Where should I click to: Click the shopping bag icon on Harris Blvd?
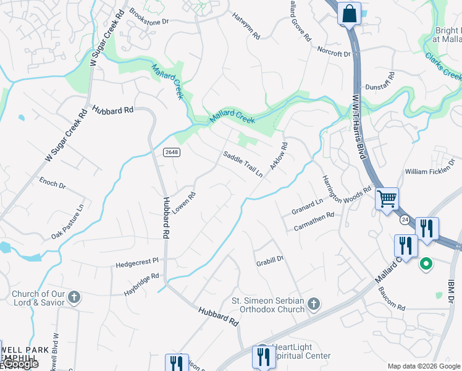tap(349, 13)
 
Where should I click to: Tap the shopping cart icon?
tap(387, 200)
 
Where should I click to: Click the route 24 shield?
tap(405, 219)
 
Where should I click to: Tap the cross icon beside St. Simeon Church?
tap(314, 303)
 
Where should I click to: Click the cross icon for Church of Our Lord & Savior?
tap(74, 297)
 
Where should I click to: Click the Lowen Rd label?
tap(184, 203)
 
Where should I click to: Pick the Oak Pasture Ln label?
tap(67, 221)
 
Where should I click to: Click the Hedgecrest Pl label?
tap(137, 263)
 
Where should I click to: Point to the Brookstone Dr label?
tap(148, 17)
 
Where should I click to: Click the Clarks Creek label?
tap(443, 66)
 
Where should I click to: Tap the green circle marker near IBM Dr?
tap(426, 265)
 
